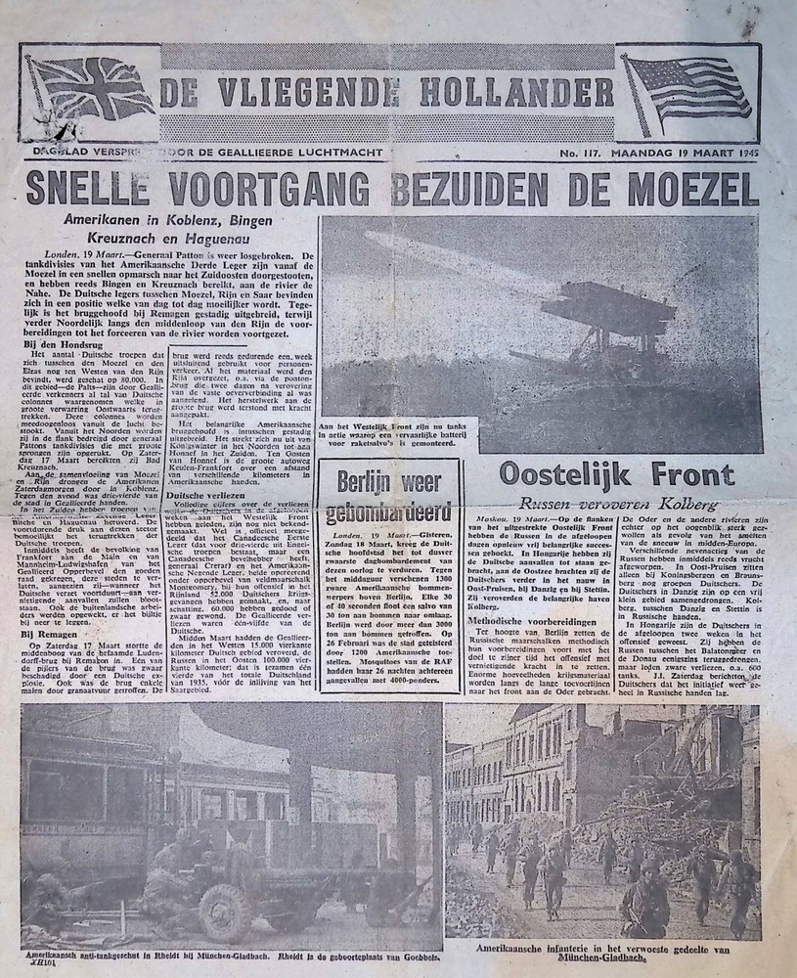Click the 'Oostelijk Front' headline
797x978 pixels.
[616, 476]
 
